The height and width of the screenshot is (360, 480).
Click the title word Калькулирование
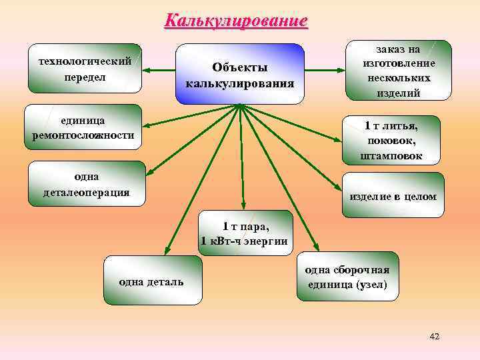pos(237,20)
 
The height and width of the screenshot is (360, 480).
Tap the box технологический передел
pos(85,68)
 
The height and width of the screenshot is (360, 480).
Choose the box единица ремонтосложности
pos(83,127)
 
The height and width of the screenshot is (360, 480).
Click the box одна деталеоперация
pos(87,184)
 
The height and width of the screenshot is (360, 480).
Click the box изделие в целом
pos(393,196)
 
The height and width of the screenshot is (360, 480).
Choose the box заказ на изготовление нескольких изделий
pos(399,71)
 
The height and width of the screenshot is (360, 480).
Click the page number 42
pos(435,336)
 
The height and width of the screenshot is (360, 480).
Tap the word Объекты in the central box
pos(239,67)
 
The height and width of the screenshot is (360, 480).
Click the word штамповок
pos(392,156)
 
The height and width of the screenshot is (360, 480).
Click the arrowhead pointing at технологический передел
pos(147,69)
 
